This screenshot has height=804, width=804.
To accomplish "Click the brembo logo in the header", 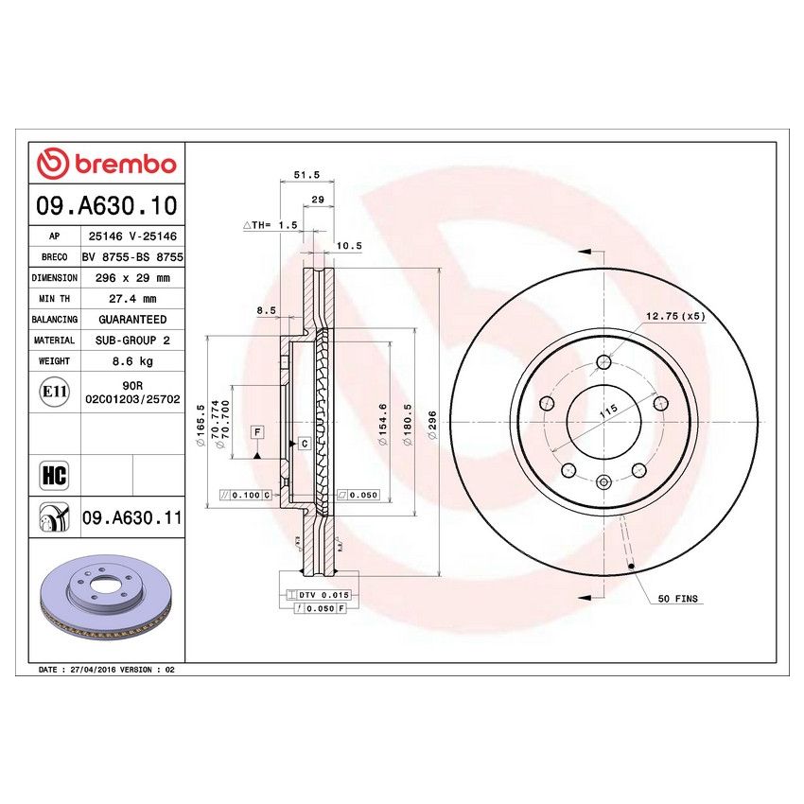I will (x=106, y=164).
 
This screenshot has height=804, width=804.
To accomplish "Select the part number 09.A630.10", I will (x=106, y=205).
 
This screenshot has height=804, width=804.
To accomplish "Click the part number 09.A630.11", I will (x=132, y=517).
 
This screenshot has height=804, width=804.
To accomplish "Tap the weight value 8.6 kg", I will (x=132, y=361).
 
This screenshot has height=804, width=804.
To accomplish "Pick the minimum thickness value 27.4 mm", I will (x=132, y=299).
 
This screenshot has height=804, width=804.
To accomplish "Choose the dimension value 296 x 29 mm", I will (x=132, y=278).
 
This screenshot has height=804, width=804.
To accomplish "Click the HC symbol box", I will (x=54, y=474).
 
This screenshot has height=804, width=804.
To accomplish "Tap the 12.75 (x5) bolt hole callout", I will (x=675, y=315).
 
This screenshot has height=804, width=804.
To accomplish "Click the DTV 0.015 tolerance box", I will (x=323, y=594).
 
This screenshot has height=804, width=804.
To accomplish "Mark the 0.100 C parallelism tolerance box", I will (x=246, y=495).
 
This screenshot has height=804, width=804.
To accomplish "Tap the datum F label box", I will (x=256, y=431).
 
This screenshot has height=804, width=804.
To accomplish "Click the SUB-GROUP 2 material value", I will (x=132, y=341).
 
